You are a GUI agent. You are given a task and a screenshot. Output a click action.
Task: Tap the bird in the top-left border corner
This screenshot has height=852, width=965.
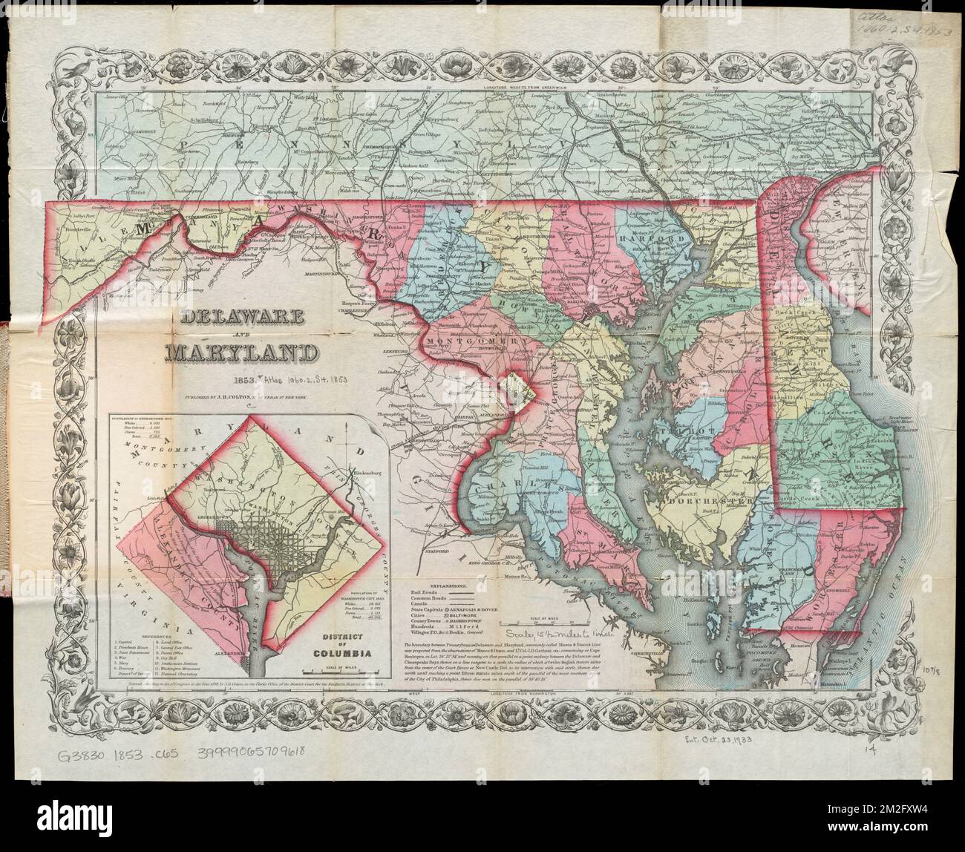[74, 69]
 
